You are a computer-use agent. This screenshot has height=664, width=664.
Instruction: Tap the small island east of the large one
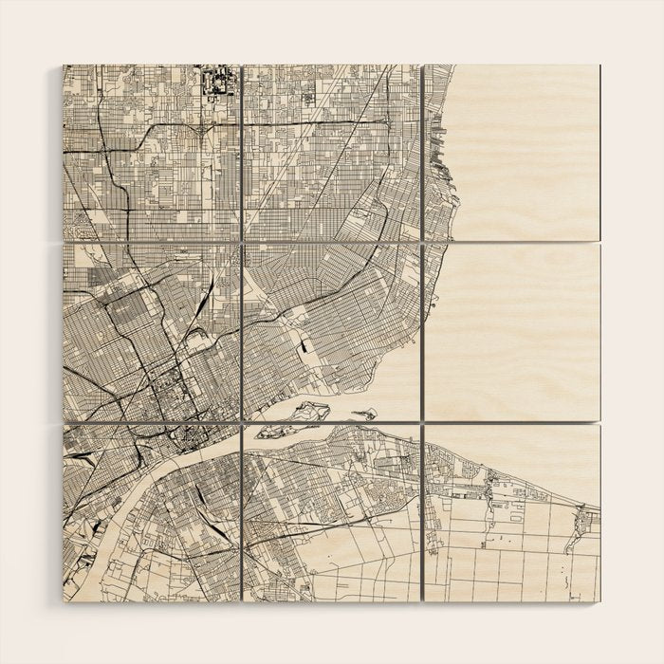coord(363,414)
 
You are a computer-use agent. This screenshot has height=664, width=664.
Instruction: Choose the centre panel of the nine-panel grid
coord(331,332)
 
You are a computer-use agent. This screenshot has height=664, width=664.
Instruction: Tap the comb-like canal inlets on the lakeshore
coord(437,142)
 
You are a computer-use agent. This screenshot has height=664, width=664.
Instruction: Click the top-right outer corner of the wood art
coord(600,65)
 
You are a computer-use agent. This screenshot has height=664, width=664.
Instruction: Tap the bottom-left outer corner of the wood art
coord(63,600)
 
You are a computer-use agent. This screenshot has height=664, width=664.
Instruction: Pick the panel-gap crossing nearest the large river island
coord(241,422)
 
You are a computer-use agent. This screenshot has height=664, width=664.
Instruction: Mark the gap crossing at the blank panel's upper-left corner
coord(421,243)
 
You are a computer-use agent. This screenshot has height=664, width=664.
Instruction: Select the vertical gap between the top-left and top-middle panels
coord(241,152)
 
